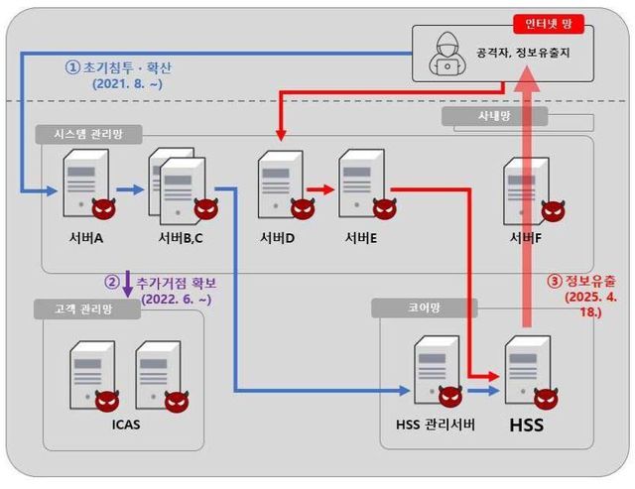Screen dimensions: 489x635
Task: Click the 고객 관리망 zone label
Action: (x=86, y=308)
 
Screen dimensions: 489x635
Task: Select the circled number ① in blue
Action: (x=71, y=67)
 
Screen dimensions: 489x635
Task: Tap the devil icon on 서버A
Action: (x=103, y=209)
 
